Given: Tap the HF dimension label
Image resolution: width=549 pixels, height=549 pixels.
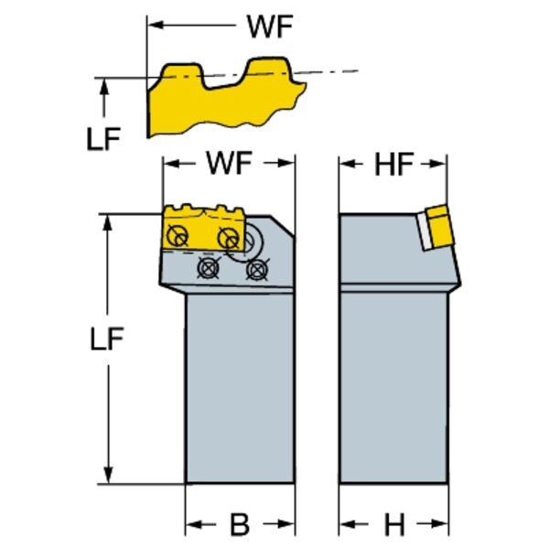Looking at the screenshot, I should tap(394, 165).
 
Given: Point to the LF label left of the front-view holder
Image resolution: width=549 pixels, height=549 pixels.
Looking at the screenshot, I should tap(109, 339).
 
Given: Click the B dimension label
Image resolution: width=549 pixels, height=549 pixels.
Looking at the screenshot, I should tap(239, 525).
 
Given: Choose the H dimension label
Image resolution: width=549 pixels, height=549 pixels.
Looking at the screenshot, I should tap(393, 525).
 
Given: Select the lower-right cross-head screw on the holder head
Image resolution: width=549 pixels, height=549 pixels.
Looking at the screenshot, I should tap(259, 269).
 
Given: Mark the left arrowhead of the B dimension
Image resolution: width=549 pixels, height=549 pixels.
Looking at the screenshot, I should tap(192, 525).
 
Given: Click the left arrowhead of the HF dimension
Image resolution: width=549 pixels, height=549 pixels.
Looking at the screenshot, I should tap(346, 165).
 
